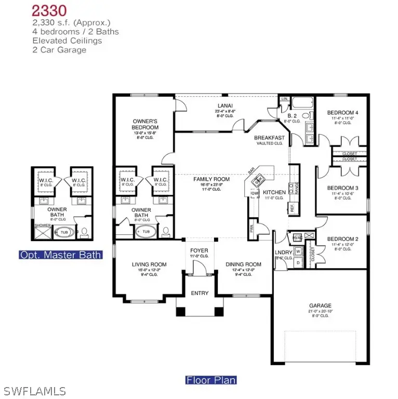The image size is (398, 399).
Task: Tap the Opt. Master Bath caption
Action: [x=60, y=255]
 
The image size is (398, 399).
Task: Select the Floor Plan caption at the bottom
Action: [x=211, y=380]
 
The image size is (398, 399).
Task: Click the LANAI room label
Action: [x=225, y=105]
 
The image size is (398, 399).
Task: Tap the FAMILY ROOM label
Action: [x=208, y=179]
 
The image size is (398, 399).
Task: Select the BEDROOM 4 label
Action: [x=342, y=113]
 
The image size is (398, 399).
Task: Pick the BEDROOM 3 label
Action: [x=342, y=188]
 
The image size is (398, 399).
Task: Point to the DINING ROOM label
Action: [x=243, y=264]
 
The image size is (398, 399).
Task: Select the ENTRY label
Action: [x=200, y=293]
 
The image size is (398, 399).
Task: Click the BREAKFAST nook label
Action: [x=269, y=138]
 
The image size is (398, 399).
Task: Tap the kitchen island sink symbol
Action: [x=258, y=181]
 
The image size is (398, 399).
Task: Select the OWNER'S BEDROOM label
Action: [x=145, y=124]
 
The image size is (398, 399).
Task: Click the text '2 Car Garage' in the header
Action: [x=59, y=50]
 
